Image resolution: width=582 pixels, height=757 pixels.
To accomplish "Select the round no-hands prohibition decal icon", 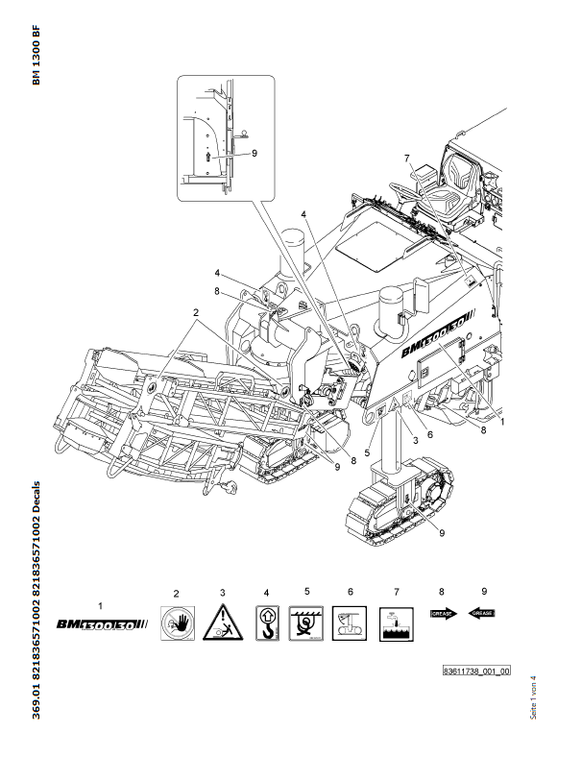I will pos(175,624).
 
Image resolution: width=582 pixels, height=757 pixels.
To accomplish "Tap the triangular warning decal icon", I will pos(222,624).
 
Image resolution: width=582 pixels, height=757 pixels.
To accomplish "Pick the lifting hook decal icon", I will pos(267,624).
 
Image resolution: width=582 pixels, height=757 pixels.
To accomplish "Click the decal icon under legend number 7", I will pos(394,624).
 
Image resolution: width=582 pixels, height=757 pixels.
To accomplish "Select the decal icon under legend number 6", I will pos(351,624).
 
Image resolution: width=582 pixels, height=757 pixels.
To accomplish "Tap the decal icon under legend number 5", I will pos(308,624).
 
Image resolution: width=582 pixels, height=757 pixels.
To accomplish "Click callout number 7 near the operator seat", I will pos(407,159).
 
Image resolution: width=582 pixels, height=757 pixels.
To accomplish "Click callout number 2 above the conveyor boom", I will pos(195,313).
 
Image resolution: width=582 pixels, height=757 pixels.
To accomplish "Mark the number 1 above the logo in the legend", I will pos(101,604).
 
